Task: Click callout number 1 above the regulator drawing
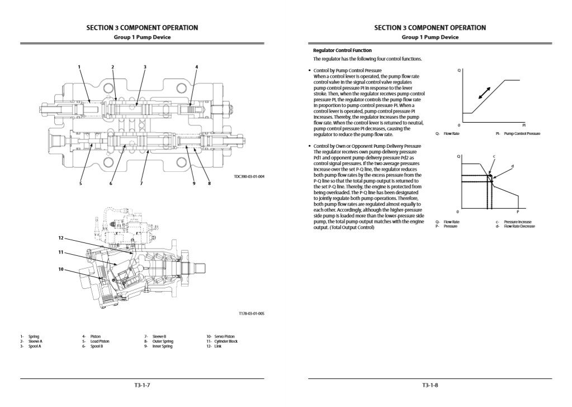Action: (x=79, y=67)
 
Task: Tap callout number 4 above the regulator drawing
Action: (x=196, y=67)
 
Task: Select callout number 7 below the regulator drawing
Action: (x=141, y=183)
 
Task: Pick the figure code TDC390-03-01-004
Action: (x=249, y=177)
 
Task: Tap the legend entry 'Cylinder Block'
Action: (x=222, y=341)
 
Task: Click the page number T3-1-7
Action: (x=143, y=385)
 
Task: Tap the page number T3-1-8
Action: (x=430, y=385)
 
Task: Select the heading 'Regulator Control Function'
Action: (x=342, y=50)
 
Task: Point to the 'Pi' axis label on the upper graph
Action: (x=524, y=125)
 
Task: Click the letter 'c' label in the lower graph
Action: (x=494, y=156)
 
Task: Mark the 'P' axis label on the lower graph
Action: (x=518, y=212)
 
